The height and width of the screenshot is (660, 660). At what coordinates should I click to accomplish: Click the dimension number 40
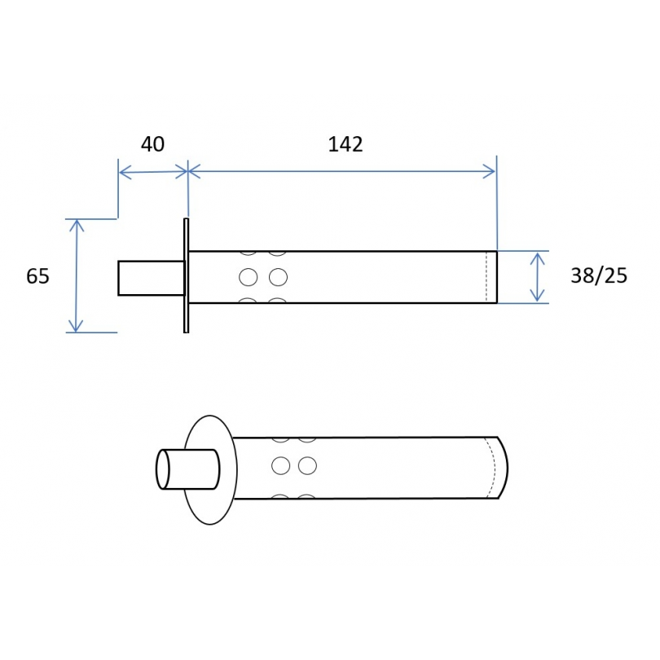point(153,144)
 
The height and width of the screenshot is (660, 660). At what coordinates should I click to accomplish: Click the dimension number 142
point(345,144)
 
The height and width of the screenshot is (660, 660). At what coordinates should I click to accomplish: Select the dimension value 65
point(37,276)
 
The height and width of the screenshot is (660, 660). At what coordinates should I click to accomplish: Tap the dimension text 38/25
point(599,275)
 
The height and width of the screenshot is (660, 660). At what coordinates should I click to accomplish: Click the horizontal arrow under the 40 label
point(153,172)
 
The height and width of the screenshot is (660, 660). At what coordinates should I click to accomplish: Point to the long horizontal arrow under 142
point(341,171)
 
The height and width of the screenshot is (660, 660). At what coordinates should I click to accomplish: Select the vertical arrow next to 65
point(77,276)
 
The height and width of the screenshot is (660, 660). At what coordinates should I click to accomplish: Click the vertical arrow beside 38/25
point(538,277)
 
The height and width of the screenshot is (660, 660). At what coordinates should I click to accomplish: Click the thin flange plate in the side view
point(186,275)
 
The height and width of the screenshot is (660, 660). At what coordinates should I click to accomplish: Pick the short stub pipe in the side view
point(152,278)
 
